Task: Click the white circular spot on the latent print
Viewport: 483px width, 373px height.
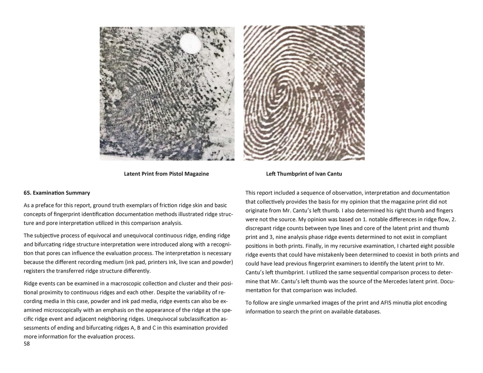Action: tap(190, 44)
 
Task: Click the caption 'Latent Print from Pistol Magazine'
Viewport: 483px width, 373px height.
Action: tap(166, 174)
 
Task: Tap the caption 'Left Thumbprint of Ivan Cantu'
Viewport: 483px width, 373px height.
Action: tap(304, 174)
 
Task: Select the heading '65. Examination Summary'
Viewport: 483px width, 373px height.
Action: tap(57, 193)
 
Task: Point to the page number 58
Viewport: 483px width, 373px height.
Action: tap(27, 344)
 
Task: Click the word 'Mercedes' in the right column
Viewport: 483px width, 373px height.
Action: tap(395, 281)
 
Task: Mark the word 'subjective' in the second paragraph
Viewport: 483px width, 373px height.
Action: tap(45, 236)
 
